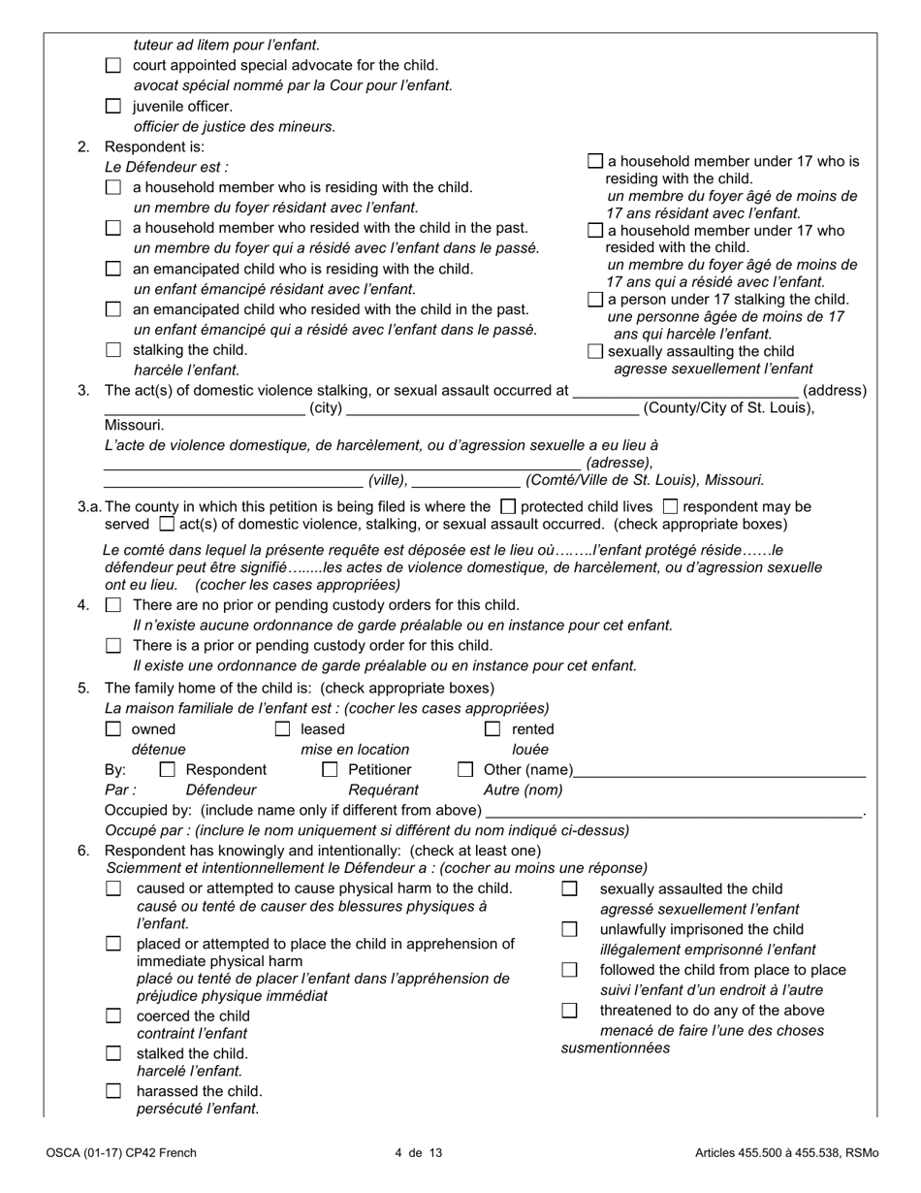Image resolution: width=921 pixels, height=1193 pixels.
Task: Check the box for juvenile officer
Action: pyautogui.click(x=113, y=107)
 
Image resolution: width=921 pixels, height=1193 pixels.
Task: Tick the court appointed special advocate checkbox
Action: pyautogui.click(x=113, y=66)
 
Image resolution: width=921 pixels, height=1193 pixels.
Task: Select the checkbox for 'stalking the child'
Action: pyautogui.click(x=113, y=350)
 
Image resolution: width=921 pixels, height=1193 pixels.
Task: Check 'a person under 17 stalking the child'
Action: pyautogui.click(x=595, y=300)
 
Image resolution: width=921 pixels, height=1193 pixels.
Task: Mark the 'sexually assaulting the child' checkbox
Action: pyautogui.click(x=595, y=351)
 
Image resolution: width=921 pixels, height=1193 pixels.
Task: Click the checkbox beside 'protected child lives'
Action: pyautogui.click(x=507, y=506)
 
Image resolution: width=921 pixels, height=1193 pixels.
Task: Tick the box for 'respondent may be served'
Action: pyautogui.click(x=670, y=506)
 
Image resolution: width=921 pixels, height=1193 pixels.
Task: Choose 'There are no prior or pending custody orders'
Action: pyautogui.click(x=113, y=605)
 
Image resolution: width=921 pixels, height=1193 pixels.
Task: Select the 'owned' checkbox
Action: pyautogui.click(x=113, y=729)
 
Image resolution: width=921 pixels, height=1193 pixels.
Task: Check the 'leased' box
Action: pyautogui.click(x=282, y=729)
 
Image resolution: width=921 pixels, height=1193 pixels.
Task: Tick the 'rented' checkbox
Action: pyautogui.click(x=492, y=729)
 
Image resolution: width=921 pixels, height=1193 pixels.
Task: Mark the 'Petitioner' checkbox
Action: pyautogui.click(x=330, y=770)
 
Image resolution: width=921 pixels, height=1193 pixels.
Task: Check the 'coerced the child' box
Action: pyautogui.click(x=113, y=1016)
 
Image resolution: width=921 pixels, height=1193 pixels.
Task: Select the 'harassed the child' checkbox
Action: pyautogui.click(x=113, y=1090)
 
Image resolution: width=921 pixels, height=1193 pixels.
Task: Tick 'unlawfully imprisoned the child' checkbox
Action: pyautogui.click(x=570, y=929)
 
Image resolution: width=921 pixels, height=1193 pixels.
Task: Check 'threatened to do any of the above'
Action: pyautogui.click(x=570, y=1011)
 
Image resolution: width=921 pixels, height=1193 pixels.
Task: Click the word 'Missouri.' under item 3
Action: pyautogui.click(x=134, y=425)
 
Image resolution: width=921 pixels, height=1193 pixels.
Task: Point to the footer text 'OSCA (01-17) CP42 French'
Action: pyautogui.click(x=120, y=1153)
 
